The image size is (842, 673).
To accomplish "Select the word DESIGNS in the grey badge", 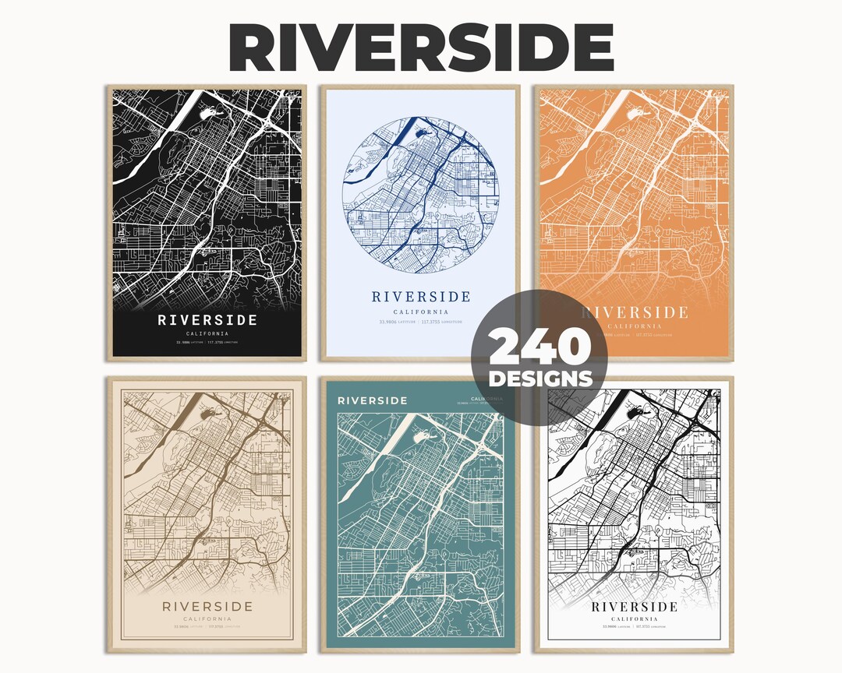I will point(540,379).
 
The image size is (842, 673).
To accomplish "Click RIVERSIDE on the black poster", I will point(207,320).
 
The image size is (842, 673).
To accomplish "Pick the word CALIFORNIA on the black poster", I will point(207,333).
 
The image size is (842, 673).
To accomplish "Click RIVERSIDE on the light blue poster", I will point(421,297).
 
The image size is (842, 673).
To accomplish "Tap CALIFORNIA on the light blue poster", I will point(421,311).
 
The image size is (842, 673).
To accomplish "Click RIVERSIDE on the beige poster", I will point(207,607).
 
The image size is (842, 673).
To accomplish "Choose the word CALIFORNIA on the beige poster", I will point(207,620).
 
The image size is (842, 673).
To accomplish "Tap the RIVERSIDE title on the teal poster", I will point(372,400).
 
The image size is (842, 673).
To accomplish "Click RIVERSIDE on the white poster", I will point(635,607).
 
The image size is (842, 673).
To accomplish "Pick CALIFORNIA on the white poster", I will point(635,619).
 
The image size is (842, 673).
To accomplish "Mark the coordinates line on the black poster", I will point(207,342).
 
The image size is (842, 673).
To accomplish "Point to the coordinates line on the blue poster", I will point(421,321).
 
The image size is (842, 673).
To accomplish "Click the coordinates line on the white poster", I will point(635,627).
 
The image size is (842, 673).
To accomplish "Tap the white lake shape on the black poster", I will point(213,114).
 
